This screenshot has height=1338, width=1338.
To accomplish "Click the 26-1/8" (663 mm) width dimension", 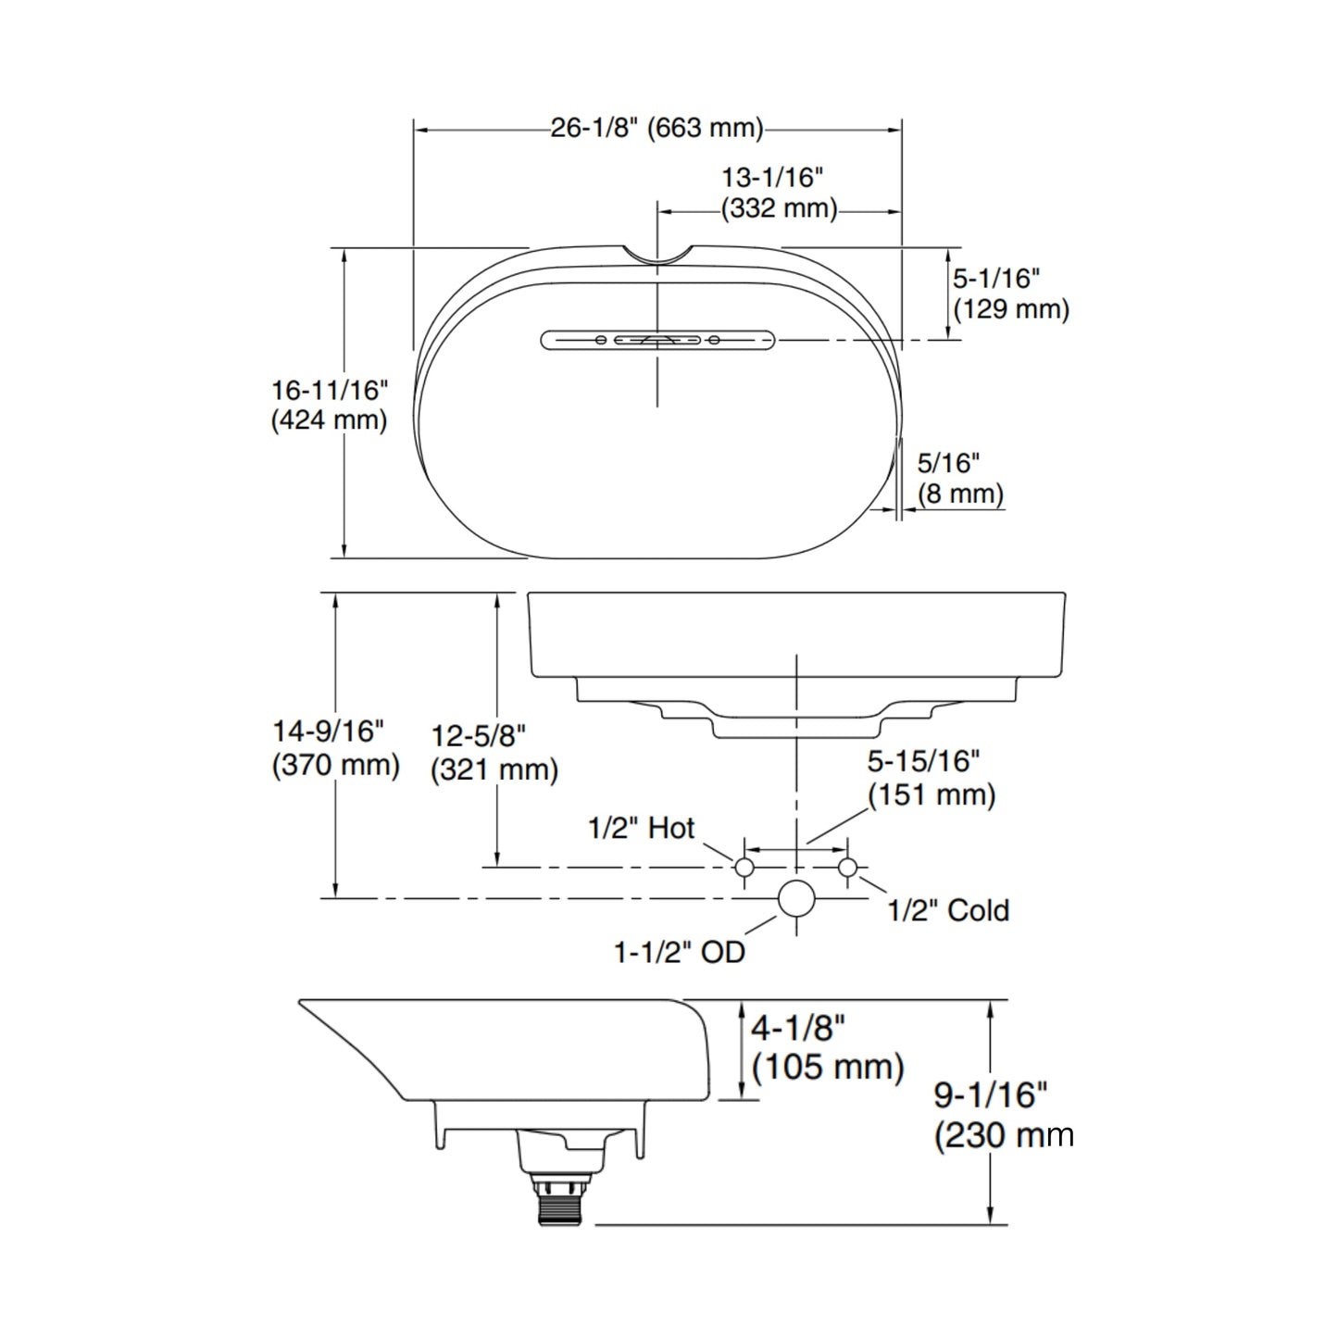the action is point(656,128).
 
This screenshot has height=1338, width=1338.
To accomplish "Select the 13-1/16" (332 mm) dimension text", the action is point(779,193).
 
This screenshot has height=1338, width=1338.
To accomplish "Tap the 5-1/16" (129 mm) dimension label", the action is point(1010,294).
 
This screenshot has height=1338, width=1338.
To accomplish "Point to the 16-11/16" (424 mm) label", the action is point(329,406).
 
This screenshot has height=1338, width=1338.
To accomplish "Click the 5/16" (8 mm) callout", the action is point(960,479).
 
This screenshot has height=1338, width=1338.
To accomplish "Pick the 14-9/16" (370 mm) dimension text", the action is point(336,749).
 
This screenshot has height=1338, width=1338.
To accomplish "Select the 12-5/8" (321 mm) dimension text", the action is point(494,754).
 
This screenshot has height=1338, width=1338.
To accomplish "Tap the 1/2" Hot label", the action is point(641,829).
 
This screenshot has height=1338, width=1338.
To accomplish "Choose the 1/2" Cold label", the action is point(948,910).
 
